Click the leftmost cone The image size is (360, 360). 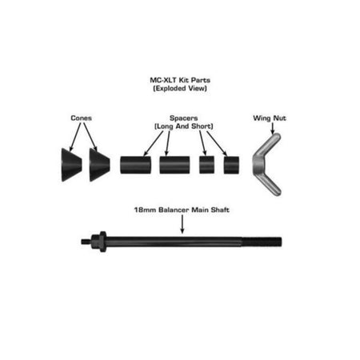click(71, 165)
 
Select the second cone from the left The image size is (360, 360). click(99, 165)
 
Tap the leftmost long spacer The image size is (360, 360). click(135, 165)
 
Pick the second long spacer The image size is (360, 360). click(174, 165)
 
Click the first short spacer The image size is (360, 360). click(206, 165)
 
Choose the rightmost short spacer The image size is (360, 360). click(231, 165)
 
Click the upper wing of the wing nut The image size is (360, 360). click(268, 146)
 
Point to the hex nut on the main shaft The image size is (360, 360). click(99, 242)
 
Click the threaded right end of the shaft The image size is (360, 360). click(262, 242)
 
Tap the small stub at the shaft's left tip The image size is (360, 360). click(86, 242)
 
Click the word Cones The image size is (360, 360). click(82, 118)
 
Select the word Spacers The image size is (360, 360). click(184, 118)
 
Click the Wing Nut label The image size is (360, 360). click(270, 118)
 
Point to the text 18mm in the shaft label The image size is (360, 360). click(145, 210)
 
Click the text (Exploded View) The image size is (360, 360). click(180, 88)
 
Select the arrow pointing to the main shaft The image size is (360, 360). click(182, 224)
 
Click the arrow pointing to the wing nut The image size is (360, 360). click(272, 128)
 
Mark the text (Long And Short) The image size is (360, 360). click(184, 126)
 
